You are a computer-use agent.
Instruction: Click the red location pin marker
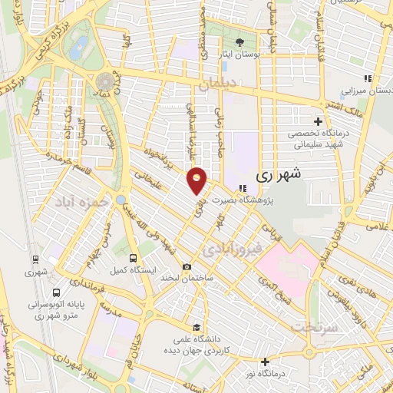197,180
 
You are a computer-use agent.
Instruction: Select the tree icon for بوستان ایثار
239,42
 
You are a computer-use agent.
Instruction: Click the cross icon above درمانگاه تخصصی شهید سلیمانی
319,121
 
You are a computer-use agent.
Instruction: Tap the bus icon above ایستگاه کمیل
134,258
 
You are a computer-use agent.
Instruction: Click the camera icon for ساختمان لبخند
187,266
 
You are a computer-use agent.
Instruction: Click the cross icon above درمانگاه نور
266,362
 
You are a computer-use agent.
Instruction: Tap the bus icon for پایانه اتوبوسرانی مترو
56,292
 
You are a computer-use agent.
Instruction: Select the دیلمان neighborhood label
214,87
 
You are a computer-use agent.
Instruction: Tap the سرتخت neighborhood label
314,327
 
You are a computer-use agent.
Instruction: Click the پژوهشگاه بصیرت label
267,201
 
